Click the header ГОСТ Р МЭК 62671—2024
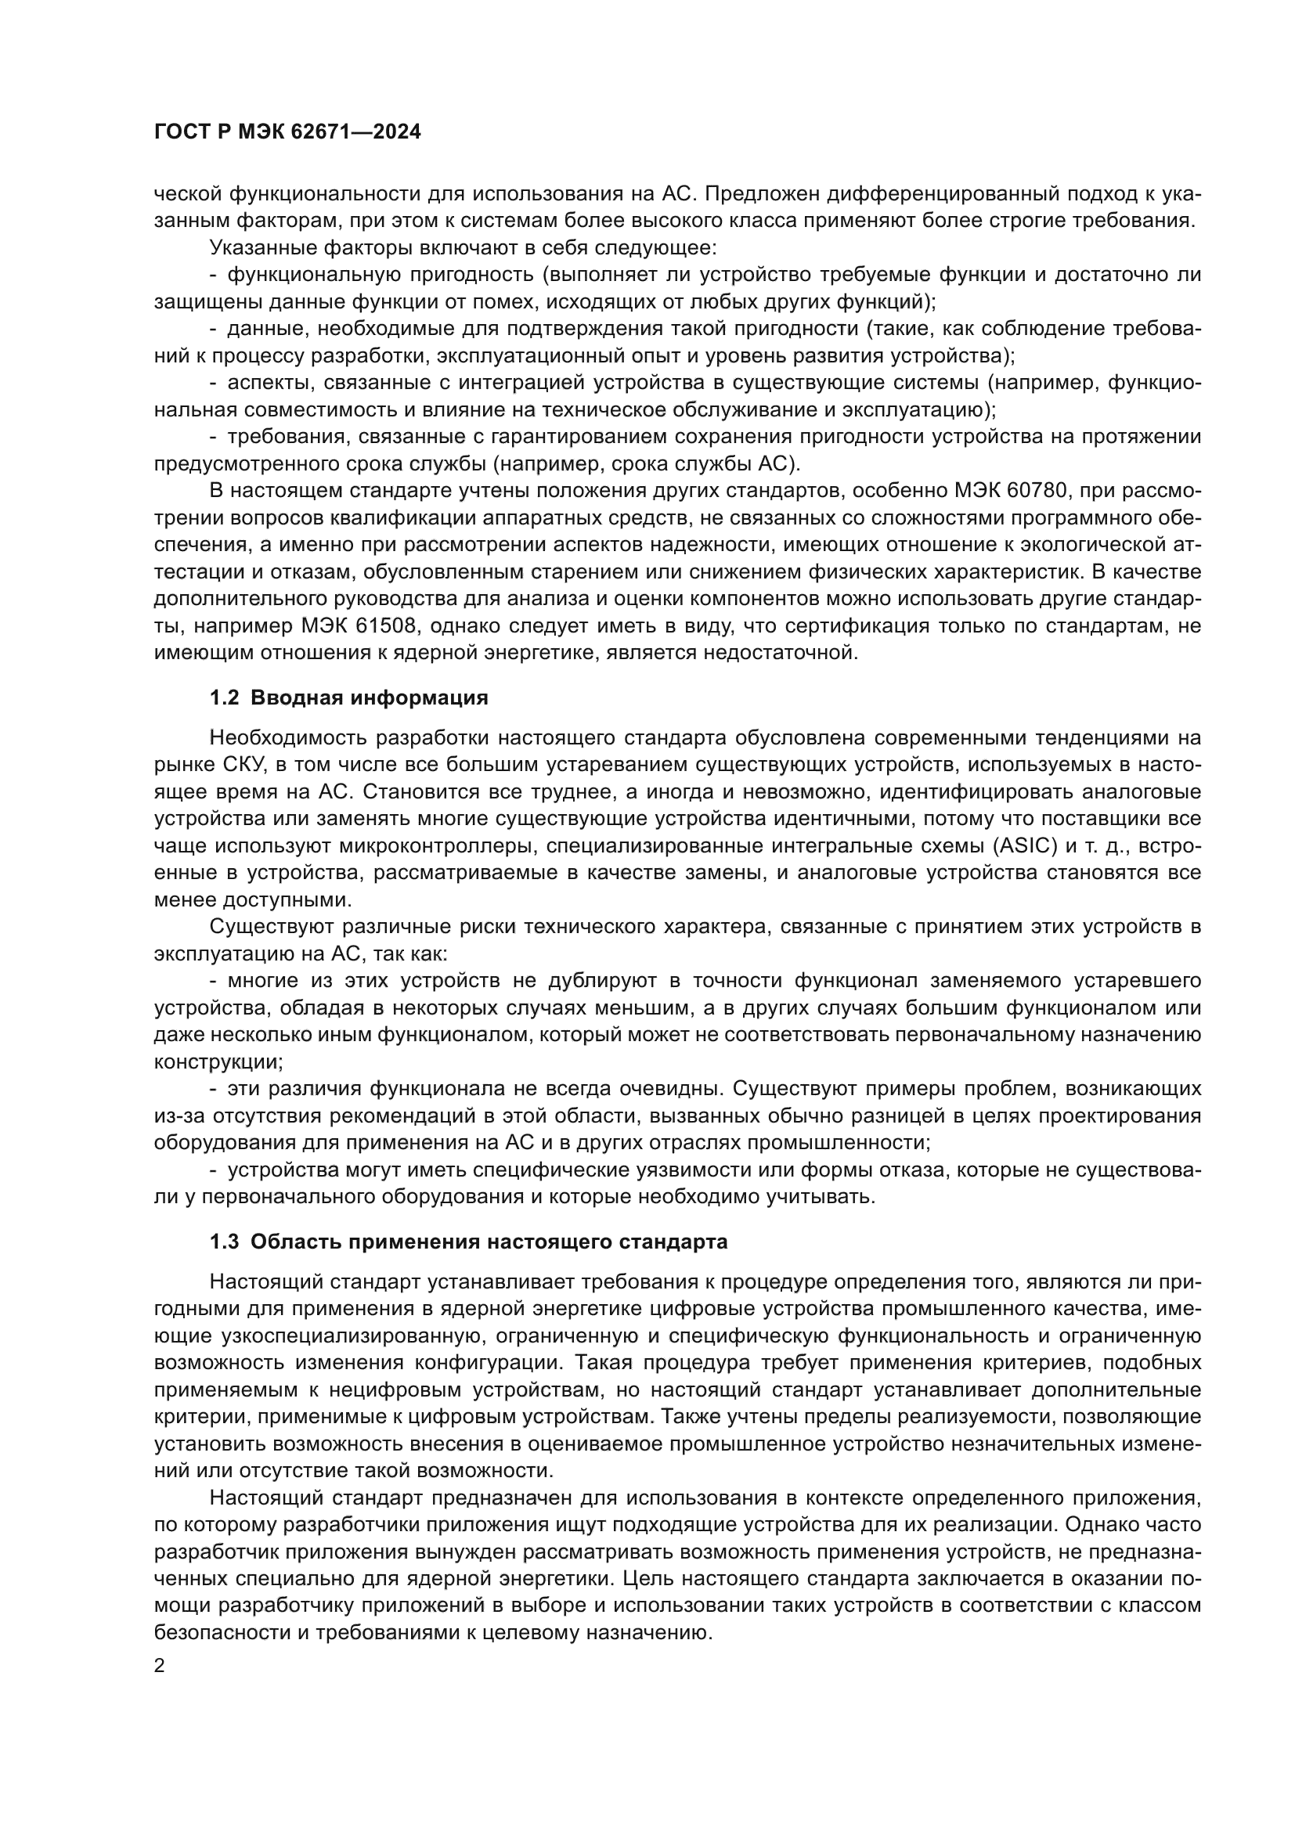point(287,132)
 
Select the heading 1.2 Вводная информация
point(348,697)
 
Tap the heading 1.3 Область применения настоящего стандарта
point(468,1242)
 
